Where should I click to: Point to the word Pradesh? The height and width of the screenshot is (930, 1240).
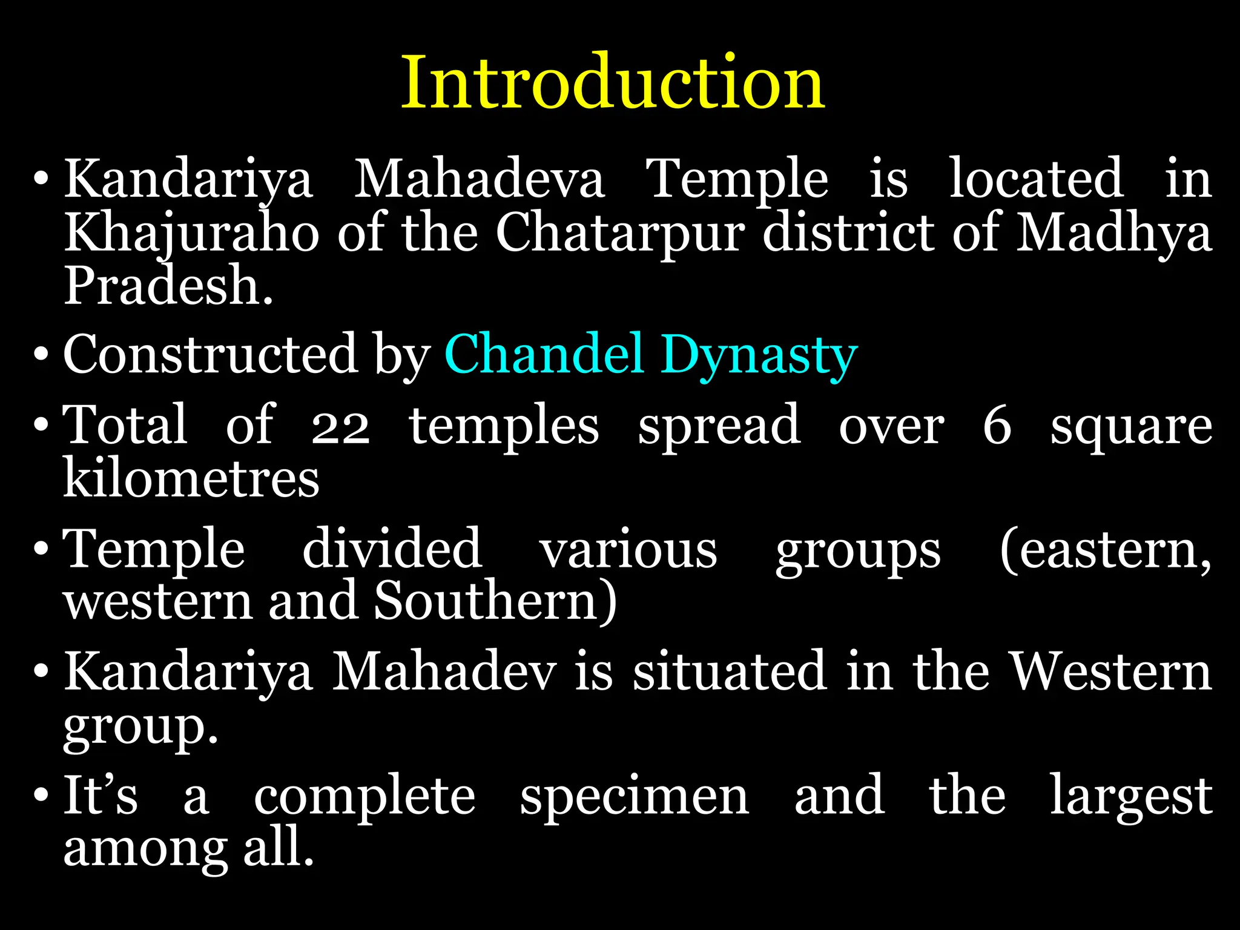pos(168,285)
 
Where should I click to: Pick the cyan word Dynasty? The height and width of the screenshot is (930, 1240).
pos(759,356)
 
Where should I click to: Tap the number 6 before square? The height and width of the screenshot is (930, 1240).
pos(997,426)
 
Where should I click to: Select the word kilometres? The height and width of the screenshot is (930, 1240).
pos(191,478)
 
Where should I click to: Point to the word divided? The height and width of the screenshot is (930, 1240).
pos(392,549)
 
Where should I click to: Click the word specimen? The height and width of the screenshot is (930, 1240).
pos(635,796)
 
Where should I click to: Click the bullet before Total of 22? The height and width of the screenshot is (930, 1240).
pos(41,425)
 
